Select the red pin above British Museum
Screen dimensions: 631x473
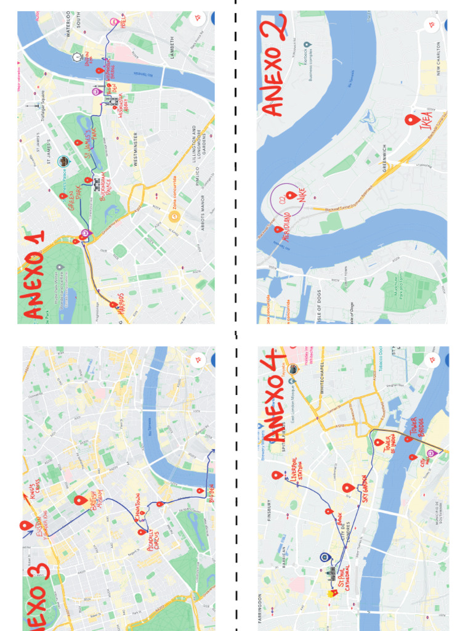pyautogui.click(x=79, y=500)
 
